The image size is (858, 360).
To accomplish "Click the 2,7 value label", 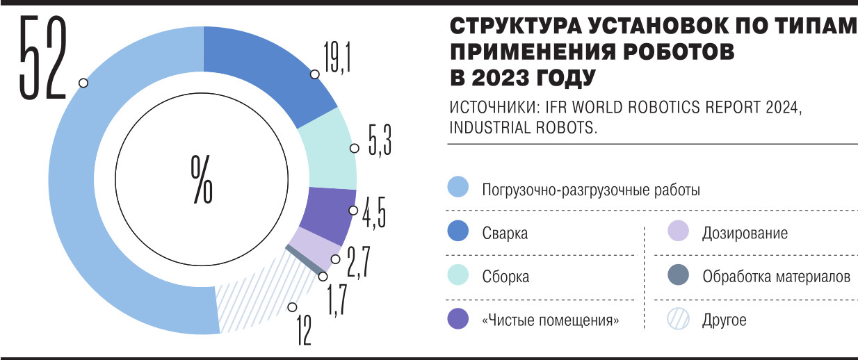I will (x=357, y=262).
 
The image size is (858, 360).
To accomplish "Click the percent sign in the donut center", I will (x=202, y=179).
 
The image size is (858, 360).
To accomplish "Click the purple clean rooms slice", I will (x=330, y=211).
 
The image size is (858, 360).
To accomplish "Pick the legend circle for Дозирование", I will (x=677, y=233).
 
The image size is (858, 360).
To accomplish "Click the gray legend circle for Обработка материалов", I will (x=677, y=277).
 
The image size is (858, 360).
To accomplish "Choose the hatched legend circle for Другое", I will (x=677, y=320).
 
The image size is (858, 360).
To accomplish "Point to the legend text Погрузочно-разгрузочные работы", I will (x=591, y=190).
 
